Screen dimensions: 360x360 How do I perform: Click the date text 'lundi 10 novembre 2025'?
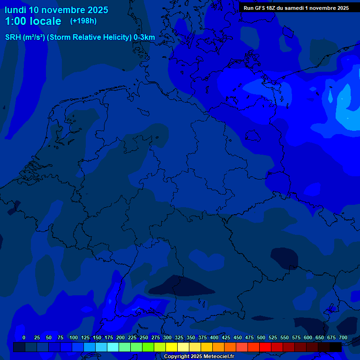(x=56, y=10)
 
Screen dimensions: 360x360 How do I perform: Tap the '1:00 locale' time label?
(x=33, y=22)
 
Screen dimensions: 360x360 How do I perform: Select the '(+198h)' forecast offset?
(x=83, y=21)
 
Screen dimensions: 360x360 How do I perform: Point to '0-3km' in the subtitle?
(x=144, y=37)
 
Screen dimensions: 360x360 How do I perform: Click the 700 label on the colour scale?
(x=343, y=337)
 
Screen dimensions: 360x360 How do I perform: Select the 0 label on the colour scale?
(x=24, y=337)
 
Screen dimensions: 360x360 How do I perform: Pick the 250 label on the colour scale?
(x=132, y=337)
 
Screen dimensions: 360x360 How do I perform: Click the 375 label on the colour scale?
(x=190, y=337)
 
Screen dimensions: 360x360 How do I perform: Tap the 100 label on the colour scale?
(x=73, y=337)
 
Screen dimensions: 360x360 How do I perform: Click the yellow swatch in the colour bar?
(x=172, y=347)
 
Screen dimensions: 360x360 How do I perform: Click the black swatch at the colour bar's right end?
(x=336, y=347)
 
